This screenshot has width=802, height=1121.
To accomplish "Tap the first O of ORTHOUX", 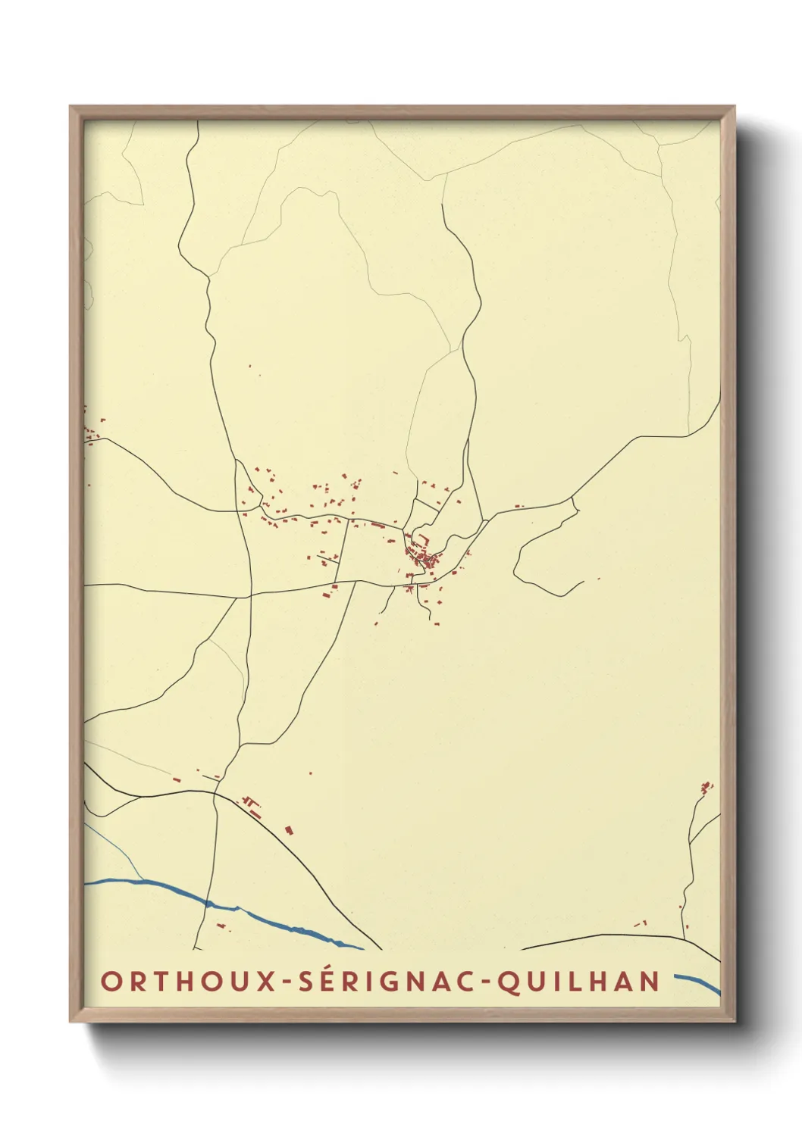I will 111,982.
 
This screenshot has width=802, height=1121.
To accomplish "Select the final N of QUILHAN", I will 650,982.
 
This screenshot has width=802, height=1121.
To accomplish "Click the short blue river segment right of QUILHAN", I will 697,982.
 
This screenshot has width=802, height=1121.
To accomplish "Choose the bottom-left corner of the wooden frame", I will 71,1022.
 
